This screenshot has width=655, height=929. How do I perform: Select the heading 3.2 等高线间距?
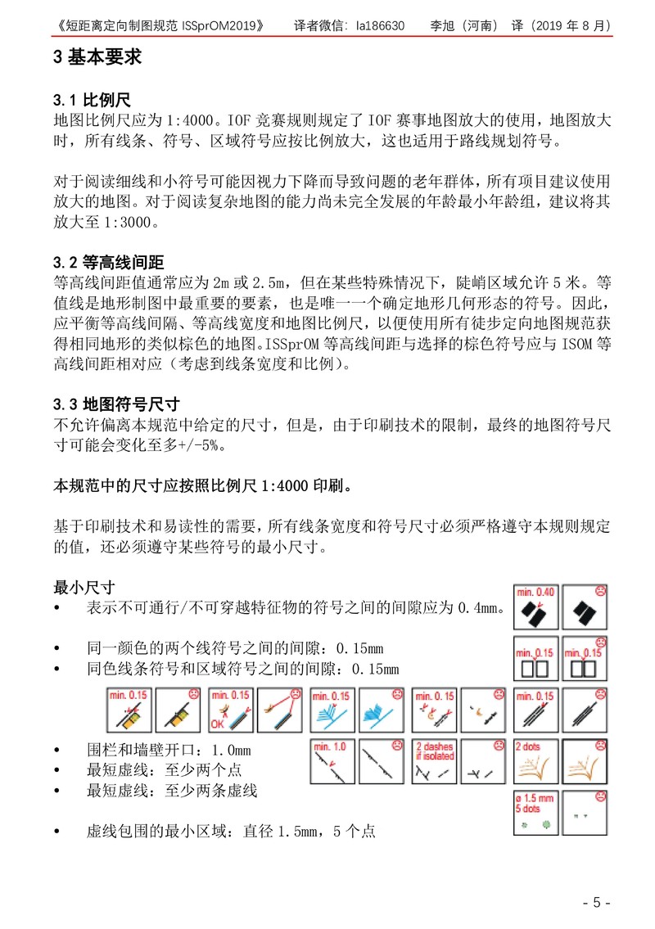click(x=109, y=263)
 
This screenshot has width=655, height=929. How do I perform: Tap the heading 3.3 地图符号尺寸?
click(x=116, y=404)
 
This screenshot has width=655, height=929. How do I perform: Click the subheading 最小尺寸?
click(x=84, y=588)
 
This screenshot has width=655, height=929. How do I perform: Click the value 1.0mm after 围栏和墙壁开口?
click(x=231, y=751)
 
